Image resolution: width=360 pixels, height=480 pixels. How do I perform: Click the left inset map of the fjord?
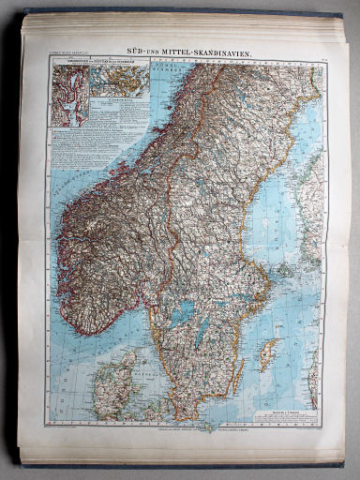pyautogui.click(x=70, y=94)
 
